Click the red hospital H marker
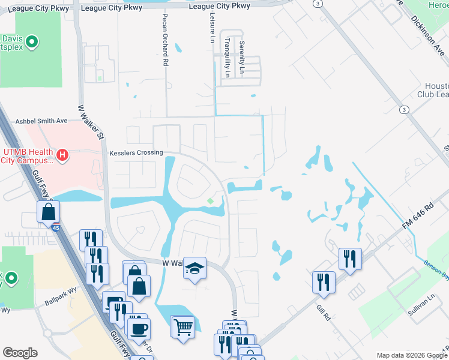[62, 157]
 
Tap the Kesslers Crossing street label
[136, 153]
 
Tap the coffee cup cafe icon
[139, 329]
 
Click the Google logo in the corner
[20, 353]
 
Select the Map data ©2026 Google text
[411, 355]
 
